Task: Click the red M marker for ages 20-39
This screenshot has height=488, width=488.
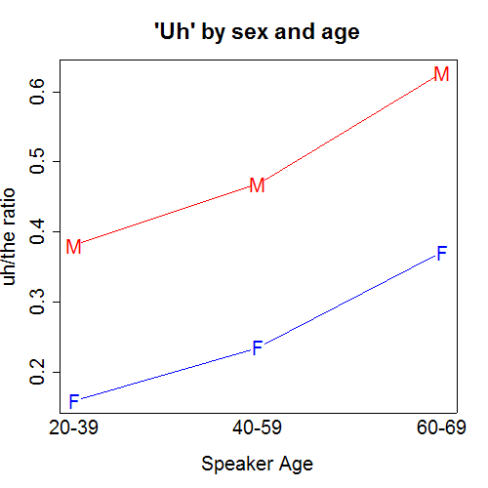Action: click(x=73, y=247)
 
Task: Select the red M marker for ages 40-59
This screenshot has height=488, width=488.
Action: click(x=257, y=185)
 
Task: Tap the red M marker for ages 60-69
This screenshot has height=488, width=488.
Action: click(x=441, y=74)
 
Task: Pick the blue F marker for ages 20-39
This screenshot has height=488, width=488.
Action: click(x=74, y=401)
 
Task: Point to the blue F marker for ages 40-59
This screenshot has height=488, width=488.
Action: click(x=258, y=347)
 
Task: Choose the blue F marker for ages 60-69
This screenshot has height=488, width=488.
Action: click(x=442, y=254)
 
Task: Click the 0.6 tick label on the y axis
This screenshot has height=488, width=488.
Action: click(x=37, y=92)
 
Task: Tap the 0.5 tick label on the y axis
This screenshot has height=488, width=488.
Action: click(x=37, y=161)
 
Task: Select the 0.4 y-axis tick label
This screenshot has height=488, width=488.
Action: click(x=37, y=231)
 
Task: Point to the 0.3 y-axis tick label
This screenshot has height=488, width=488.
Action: click(x=37, y=302)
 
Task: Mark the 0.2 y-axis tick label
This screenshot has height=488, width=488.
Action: click(x=37, y=372)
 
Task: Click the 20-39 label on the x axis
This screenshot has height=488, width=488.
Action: click(x=73, y=427)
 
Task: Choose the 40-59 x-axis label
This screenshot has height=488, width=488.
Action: click(x=257, y=427)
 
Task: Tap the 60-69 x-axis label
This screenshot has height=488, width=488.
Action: click(x=441, y=427)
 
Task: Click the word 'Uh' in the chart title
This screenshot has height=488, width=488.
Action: click(x=174, y=32)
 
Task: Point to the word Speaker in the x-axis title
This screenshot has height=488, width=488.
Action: click(x=237, y=465)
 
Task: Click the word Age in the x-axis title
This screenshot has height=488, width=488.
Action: click(x=296, y=465)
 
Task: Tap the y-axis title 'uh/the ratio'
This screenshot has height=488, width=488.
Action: click(x=9, y=237)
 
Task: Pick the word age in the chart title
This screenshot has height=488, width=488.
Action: click(x=341, y=34)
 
